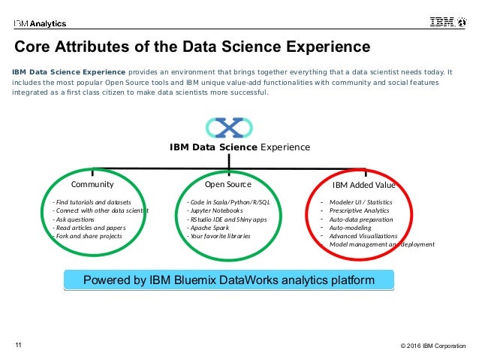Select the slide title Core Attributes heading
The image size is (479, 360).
tap(193, 48)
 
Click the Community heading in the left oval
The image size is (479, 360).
tap(92, 183)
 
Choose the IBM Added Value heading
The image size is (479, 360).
tap(363, 184)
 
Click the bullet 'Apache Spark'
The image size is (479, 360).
tap(211, 228)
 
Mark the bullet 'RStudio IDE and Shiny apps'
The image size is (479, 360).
tap(227, 219)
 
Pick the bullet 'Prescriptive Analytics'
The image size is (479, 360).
tap(360, 210)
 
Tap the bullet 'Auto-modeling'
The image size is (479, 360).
tap(350, 227)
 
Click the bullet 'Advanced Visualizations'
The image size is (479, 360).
tap(365, 236)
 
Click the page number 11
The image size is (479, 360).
tap(19, 345)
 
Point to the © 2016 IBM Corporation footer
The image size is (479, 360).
tap(432, 346)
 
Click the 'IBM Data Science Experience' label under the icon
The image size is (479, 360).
tap(239, 147)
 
